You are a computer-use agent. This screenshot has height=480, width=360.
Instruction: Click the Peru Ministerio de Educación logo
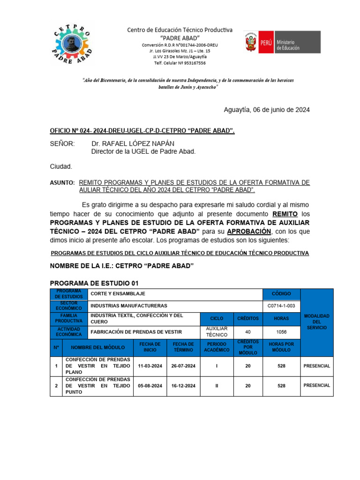point(282,42)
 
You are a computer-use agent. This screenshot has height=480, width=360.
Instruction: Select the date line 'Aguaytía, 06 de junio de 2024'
point(267,110)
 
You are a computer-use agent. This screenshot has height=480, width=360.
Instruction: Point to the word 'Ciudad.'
point(61,166)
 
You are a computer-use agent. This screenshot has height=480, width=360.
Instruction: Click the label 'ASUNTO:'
point(62,182)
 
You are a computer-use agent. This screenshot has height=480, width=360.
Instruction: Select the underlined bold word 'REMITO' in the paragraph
point(285,213)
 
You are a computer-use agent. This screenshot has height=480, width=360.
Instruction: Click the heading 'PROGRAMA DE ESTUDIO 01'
point(94,283)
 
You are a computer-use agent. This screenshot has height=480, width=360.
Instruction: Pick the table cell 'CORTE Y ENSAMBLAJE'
point(118,294)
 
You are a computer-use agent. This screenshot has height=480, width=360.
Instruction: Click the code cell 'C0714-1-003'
point(281,306)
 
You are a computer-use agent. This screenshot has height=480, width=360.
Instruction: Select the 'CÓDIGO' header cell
point(281,294)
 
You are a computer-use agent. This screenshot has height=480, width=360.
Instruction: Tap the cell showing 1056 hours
point(281,332)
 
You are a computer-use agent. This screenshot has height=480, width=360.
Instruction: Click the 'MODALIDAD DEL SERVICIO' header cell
point(317,322)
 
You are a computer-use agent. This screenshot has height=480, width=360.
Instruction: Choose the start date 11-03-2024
point(150,366)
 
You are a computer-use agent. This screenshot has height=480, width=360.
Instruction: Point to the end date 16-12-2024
point(183,385)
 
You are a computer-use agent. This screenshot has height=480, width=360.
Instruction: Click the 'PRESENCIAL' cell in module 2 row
point(317,385)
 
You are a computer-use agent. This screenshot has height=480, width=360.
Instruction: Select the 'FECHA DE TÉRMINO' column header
point(183,347)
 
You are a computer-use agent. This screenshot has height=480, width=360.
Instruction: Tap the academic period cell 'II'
point(217,385)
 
